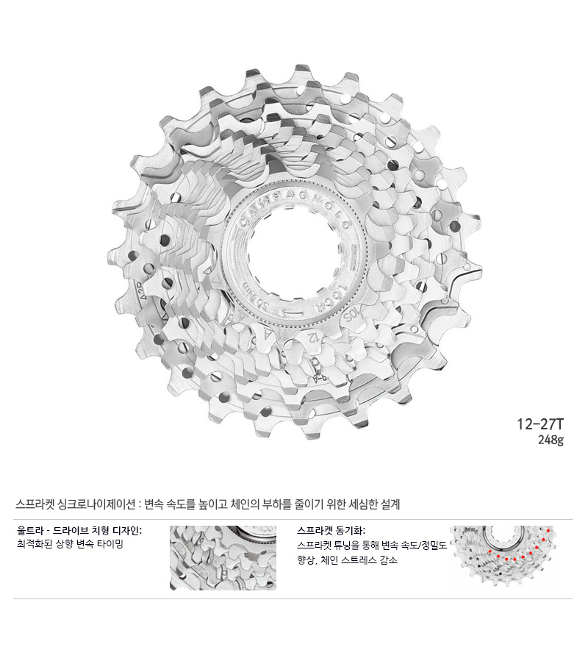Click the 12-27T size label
(x=540, y=425)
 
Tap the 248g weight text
(x=551, y=440)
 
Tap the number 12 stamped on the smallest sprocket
(x=312, y=337)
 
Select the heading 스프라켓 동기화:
(x=331, y=530)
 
